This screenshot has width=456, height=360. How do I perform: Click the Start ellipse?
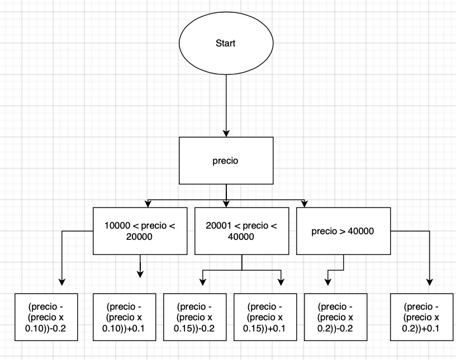(225, 44)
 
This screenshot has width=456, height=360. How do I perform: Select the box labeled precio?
(226, 160)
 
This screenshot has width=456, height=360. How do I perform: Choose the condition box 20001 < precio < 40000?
(241, 231)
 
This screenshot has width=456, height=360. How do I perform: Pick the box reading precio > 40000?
(343, 231)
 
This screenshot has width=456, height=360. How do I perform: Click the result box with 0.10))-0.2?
(46, 316)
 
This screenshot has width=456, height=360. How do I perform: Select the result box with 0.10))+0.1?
(123, 316)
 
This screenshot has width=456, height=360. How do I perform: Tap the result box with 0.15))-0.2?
(194, 316)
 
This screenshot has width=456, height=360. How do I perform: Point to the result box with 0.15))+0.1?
(264, 316)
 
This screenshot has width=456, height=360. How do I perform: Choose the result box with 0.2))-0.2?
(335, 316)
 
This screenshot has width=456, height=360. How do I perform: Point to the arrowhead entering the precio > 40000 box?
(304, 202)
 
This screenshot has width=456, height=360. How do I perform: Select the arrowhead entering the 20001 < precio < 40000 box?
(226, 202)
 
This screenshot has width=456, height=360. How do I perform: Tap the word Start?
(225, 44)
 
